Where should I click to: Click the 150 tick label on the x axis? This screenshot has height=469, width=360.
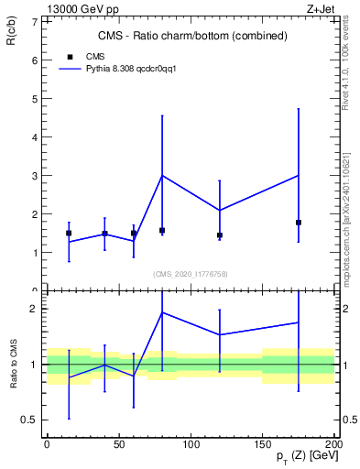pyautogui.click(x=263, y=444)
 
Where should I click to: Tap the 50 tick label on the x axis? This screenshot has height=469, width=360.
pyautogui.click(x=119, y=444)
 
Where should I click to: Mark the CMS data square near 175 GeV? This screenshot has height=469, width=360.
pyautogui.click(x=299, y=223)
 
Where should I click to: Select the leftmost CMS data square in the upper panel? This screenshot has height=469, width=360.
pyautogui.click(x=69, y=233)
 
